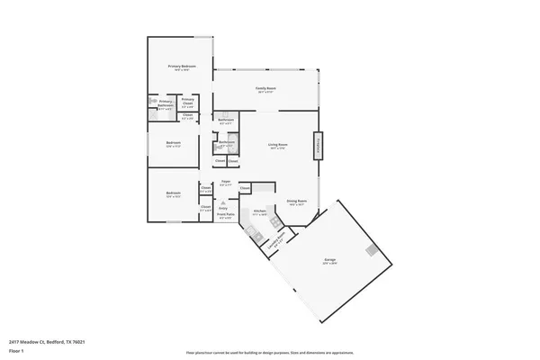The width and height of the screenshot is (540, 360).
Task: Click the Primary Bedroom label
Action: point(182,67)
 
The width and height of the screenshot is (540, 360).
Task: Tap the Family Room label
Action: point(265,89)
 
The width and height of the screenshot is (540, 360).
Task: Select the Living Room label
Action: point(277,145)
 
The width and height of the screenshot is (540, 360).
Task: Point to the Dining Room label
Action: point(297,202)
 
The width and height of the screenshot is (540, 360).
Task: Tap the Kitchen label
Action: point(259,213)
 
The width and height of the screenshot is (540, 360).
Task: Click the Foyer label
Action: point(226,182)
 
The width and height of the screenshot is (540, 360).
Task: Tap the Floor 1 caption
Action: point(16,351)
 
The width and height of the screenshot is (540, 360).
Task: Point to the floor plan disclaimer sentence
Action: point(269,352)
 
